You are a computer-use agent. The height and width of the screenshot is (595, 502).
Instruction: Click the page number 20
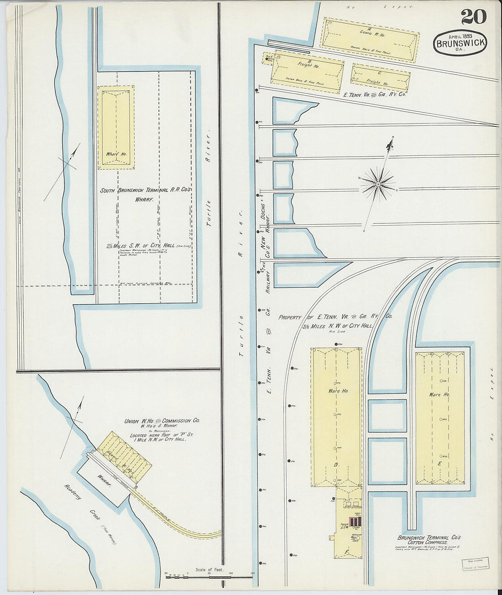474,17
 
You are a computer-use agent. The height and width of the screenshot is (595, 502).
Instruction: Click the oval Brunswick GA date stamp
460,43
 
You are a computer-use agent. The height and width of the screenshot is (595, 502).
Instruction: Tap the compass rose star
378,184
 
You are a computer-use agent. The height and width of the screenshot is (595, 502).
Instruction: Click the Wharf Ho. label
116,154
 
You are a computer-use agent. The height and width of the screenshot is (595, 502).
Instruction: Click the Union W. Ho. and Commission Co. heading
162,421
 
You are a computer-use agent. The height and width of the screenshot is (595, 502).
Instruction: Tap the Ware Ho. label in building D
338,391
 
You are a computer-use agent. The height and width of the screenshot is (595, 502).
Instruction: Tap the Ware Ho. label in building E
439,394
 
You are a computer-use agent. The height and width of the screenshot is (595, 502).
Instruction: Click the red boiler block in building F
354,522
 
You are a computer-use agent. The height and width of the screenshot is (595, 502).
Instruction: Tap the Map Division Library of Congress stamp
476,564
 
